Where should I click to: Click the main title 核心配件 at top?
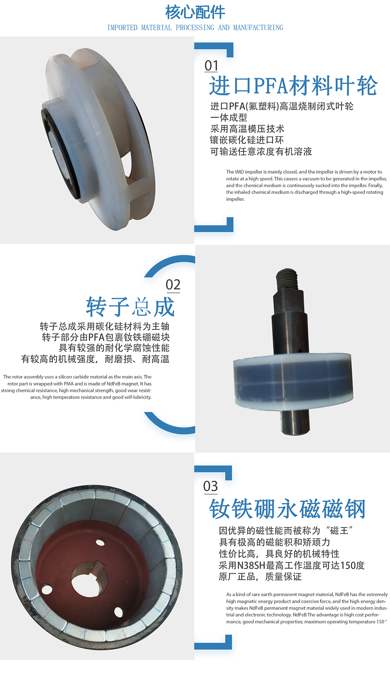(195, 12)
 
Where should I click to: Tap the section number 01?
(211, 66)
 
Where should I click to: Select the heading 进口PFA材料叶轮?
(293, 86)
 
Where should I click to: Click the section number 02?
(173, 285)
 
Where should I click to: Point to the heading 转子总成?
(130, 307)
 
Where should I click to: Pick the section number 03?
(211, 486)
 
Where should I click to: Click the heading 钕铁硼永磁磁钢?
(287, 509)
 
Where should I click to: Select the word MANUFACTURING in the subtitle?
(258, 28)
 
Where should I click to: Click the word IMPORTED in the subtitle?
(122, 28)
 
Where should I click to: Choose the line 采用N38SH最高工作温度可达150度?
(291, 565)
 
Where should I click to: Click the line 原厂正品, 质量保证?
(260, 577)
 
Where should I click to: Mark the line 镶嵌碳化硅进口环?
(247, 140)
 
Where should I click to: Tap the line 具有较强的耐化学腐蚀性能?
(114, 348)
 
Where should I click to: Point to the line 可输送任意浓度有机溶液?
(261, 152)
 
